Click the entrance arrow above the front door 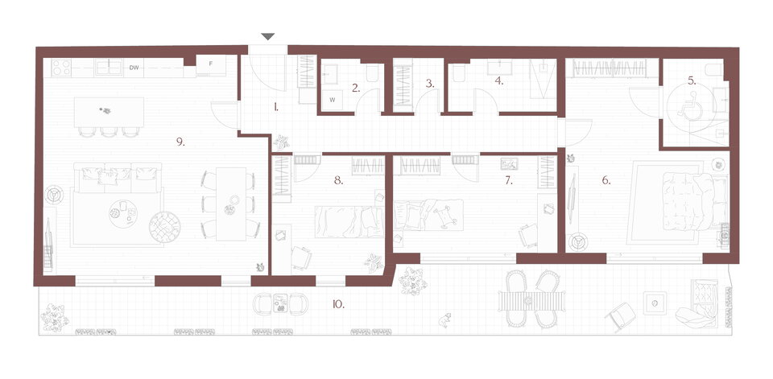point(267,36)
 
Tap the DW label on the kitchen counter point(134,68)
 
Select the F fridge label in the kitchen point(210,64)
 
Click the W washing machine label point(333,100)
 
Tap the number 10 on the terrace point(337,305)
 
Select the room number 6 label point(606,181)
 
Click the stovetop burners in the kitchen point(61,68)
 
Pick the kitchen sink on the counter point(109,67)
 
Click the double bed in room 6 point(693,201)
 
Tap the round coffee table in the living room point(122,214)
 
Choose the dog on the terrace point(445,320)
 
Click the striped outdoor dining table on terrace point(532,301)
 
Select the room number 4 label point(499,81)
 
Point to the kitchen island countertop point(109,112)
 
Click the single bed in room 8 point(349,222)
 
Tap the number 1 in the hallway point(276,106)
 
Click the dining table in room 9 point(231,204)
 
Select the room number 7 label point(508,181)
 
